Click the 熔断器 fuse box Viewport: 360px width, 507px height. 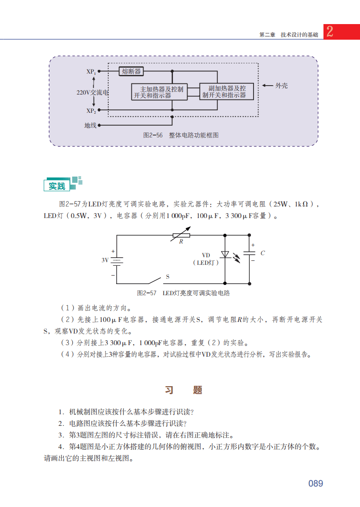point(131,71)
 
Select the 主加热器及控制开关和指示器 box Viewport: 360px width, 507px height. point(159,92)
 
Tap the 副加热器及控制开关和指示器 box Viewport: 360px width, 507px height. point(227,91)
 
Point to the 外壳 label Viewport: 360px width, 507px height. point(281,85)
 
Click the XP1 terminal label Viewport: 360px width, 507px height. point(90,71)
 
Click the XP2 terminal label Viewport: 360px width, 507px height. point(90,111)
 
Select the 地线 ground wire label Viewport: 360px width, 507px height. point(90,125)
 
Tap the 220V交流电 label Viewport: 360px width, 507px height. point(92,92)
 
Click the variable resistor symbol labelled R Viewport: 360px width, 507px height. point(181,235)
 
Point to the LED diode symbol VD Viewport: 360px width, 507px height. point(225,255)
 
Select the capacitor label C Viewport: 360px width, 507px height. point(263,253)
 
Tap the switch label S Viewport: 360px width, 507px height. point(168,276)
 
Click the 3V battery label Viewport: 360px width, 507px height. point(105,260)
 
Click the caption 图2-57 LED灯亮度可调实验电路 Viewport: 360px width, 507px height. point(183,293)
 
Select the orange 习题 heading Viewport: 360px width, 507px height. point(183,390)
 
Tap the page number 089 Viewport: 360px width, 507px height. point(315,483)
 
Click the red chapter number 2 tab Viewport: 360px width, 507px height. point(330,32)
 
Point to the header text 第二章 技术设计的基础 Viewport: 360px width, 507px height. point(289,35)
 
